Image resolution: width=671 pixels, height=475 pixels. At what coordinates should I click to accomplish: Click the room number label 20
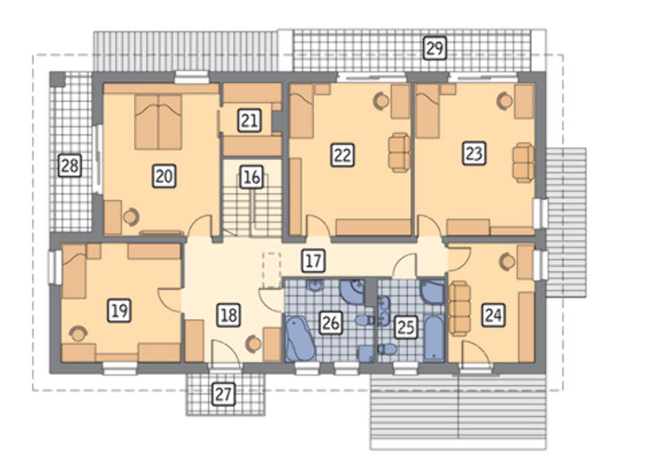(164, 176)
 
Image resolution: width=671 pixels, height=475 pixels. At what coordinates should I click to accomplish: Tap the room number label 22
(342, 155)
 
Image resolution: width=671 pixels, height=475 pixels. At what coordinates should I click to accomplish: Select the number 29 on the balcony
(435, 48)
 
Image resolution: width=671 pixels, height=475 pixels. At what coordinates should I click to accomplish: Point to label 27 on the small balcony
(223, 394)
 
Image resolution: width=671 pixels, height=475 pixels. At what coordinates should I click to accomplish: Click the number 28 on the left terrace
(70, 165)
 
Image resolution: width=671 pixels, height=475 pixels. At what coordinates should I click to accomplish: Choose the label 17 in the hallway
(313, 261)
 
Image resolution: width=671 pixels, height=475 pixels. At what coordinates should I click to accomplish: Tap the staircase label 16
(251, 176)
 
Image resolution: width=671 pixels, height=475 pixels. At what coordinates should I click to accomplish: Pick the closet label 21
(250, 120)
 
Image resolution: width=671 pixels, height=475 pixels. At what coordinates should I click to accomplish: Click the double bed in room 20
(158, 122)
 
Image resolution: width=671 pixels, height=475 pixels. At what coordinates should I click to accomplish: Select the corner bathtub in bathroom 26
(300, 338)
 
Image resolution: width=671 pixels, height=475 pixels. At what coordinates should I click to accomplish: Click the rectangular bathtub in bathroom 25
(435, 338)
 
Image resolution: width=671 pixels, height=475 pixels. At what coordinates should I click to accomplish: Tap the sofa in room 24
(460, 308)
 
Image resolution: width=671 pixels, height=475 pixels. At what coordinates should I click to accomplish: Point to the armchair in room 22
(399, 152)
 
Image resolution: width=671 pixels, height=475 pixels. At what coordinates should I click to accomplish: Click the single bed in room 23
(428, 111)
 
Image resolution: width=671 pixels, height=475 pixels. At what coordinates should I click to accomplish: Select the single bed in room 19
(74, 271)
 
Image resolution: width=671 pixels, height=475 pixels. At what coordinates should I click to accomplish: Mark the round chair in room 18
(254, 344)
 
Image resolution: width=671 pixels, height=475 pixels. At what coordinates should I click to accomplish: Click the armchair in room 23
(523, 162)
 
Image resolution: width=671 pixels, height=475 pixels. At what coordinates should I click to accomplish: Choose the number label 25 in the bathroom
(406, 327)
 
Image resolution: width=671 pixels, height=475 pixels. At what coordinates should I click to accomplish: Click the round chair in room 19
(78, 334)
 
